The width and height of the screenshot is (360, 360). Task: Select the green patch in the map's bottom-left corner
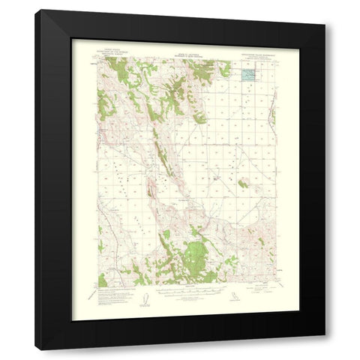[103, 280]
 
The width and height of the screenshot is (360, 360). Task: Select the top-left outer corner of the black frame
[35, 10]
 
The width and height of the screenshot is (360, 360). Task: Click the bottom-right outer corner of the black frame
[325, 350]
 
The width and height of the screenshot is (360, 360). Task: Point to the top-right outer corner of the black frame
[325, 10]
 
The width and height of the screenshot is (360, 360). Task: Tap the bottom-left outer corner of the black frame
[35, 350]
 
